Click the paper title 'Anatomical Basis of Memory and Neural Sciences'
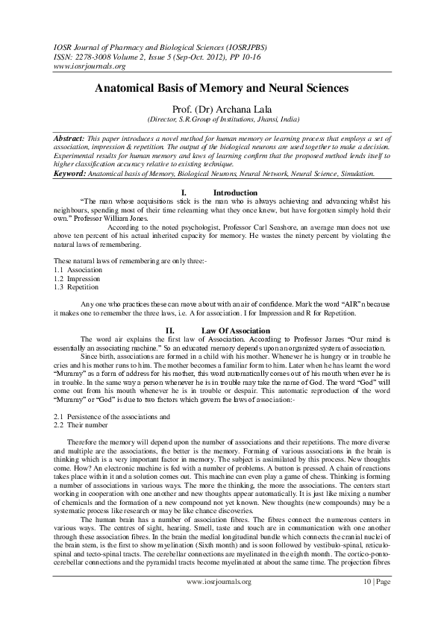(222, 87)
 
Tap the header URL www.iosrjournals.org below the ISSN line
(83, 65)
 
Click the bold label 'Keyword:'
(73, 173)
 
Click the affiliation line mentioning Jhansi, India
(222, 119)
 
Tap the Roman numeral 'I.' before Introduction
(184, 192)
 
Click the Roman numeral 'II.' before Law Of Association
(170, 329)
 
